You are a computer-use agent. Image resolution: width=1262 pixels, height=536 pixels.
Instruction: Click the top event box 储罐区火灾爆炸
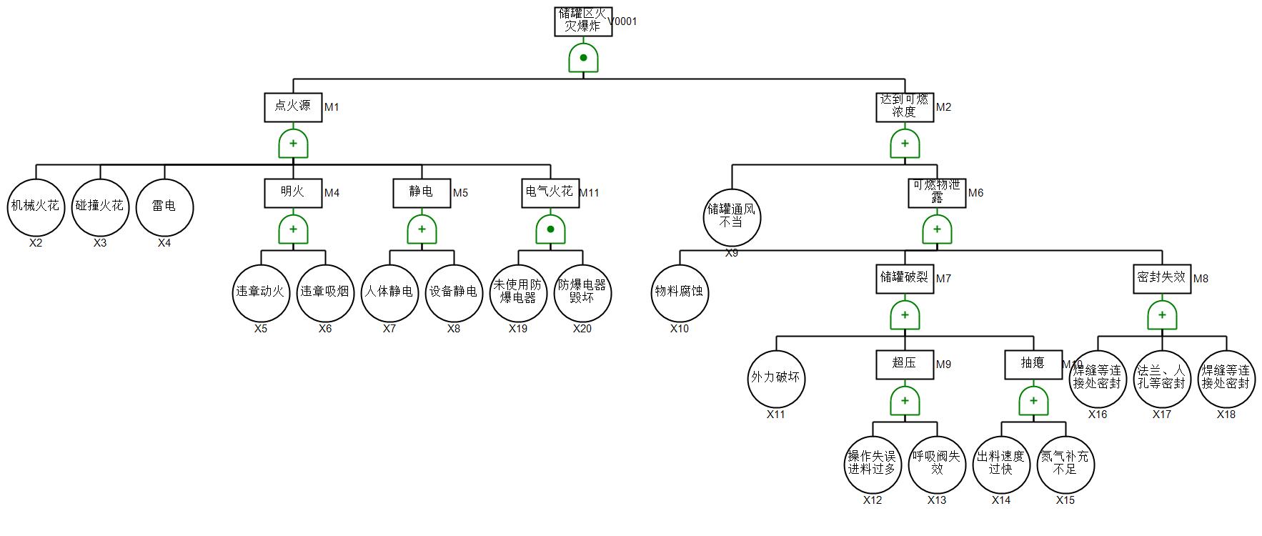pos(583,21)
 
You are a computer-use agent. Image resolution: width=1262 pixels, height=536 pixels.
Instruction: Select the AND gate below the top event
pos(583,58)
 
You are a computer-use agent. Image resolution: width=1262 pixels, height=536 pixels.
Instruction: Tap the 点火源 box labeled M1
pos(293,107)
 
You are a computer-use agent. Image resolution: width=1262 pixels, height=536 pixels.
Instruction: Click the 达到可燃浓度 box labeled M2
pos(905,107)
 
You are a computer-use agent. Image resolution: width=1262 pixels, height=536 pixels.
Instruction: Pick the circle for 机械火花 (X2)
pos(36,207)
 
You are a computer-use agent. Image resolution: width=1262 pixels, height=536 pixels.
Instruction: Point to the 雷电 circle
pos(164,207)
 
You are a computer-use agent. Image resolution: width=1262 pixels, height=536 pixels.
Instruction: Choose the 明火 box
pos(293,193)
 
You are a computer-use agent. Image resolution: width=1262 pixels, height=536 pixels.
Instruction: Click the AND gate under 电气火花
pos(550,229)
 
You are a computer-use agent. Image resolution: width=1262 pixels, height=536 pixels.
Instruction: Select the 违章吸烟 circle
pos(325,292)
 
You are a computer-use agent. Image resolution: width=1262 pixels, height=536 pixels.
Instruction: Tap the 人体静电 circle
pos(389,292)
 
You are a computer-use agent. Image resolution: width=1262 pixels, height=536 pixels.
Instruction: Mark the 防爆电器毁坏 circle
pos(582,292)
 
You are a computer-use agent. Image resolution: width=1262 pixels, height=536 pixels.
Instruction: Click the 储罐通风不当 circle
pos(732,217)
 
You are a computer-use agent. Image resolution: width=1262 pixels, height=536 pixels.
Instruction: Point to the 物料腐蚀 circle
pos(680,292)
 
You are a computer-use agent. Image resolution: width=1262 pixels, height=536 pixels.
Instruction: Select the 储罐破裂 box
pos(905,279)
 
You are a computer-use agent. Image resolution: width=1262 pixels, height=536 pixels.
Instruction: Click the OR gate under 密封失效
pos(1162,315)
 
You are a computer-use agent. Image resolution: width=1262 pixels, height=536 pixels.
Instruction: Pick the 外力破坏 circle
pos(776,378)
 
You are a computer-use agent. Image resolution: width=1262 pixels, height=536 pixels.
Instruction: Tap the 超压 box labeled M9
pos(905,364)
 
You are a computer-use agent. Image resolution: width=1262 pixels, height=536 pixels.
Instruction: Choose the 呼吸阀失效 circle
pos(937,464)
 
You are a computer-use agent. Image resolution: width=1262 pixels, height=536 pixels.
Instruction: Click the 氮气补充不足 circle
pos(1065,464)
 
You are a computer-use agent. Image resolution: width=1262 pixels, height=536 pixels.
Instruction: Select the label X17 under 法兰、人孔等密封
pos(1162,415)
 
